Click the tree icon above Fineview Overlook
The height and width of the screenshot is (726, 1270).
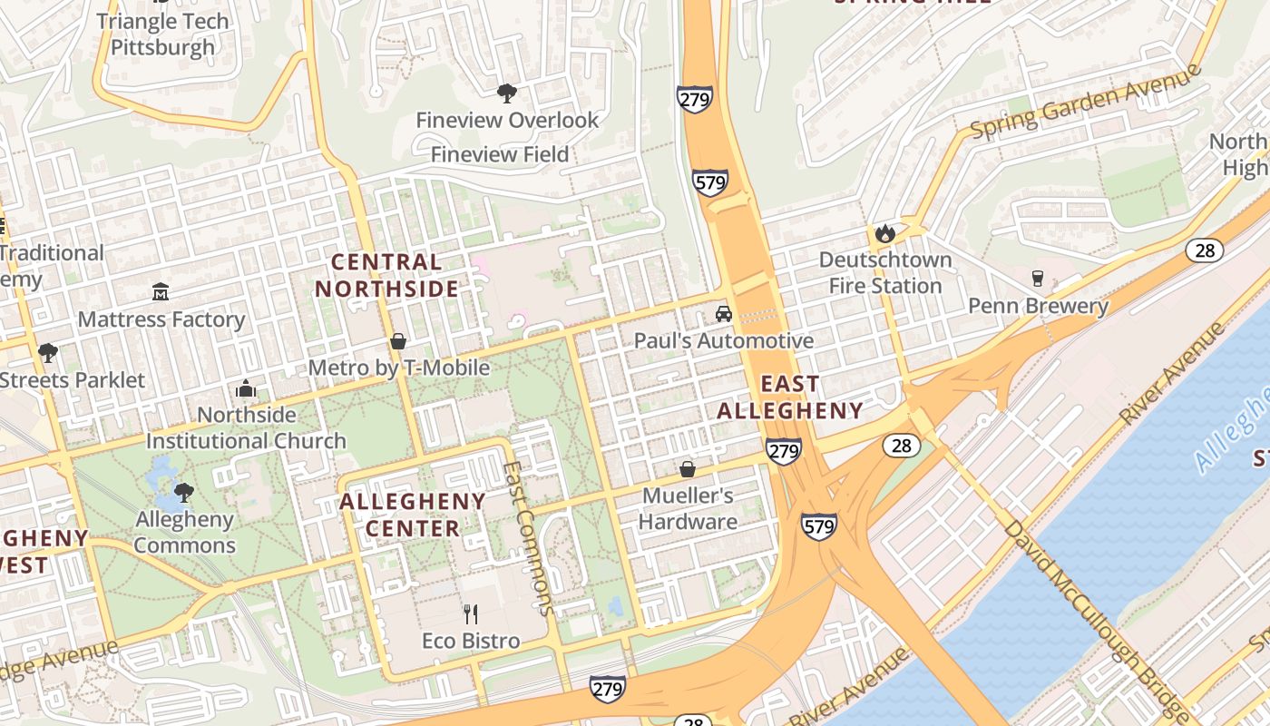(x=507, y=93)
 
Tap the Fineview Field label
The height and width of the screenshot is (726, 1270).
(x=499, y=154)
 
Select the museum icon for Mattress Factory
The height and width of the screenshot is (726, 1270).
(x=161, y=292)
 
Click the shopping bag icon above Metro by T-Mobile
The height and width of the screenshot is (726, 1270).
(x=397, y=341)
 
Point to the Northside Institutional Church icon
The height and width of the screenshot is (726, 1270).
(x=246, y=388)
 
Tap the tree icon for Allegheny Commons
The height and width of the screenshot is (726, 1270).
(x=184, y=493)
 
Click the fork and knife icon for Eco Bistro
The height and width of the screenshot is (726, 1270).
(x=471, y=614)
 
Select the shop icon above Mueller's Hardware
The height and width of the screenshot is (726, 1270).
(x=688, y=469)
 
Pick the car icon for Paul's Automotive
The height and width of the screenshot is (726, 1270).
(x=723, y=314)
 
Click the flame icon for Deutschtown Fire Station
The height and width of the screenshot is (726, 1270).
(x=885, y=233)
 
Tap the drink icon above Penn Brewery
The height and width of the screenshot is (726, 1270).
(x=1038, y=279)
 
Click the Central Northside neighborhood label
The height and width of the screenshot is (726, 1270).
(x=386, y=276)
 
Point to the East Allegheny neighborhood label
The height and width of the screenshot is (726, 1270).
(x=790, y=397)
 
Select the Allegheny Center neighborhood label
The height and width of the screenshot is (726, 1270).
(x=413, y=515)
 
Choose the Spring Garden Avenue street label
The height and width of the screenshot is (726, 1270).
(x=1085, y=102)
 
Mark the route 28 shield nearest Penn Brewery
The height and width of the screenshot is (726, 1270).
(x=1205, y=250)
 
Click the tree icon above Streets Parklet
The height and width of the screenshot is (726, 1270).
(x=47, y=352)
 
